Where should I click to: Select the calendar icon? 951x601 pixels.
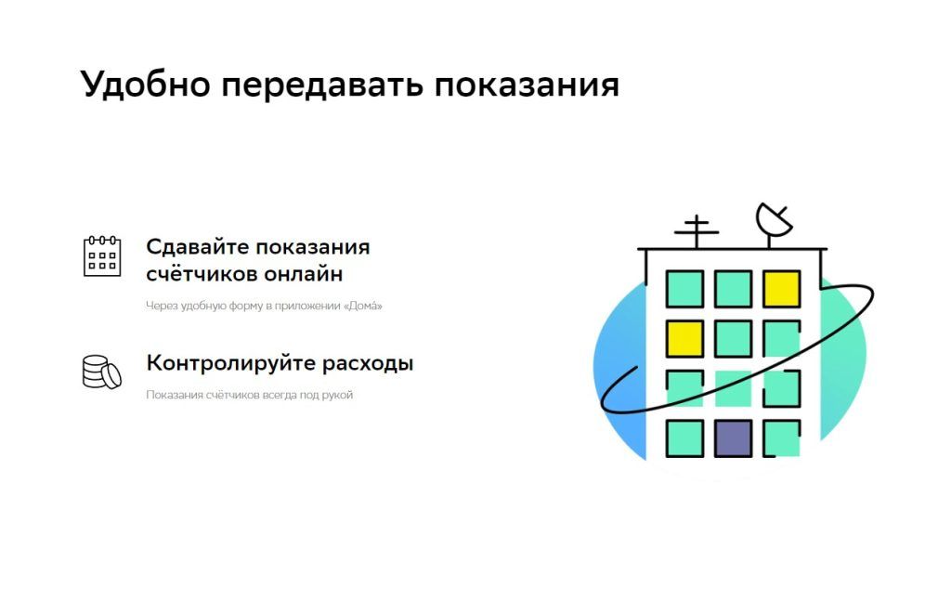click(102, 255)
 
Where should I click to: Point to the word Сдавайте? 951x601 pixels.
click(196, 247)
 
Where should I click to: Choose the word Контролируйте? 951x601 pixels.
click(227, 363)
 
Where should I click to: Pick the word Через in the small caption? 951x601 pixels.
click(159, 306)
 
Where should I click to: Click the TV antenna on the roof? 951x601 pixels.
click(696, 231)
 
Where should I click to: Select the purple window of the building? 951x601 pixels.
click(733, 438)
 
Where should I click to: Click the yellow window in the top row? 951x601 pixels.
click(781, 289)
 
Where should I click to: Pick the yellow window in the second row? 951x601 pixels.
click(684, 338)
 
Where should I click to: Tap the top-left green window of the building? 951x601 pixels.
click(684, 289)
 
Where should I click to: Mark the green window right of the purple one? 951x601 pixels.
click(781, 438)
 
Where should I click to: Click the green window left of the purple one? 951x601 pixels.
click(684, 438)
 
